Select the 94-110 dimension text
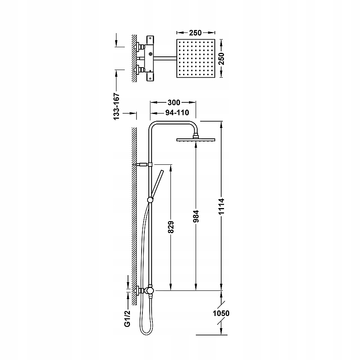point(171,113)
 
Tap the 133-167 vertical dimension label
point(116,107)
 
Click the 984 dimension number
point(196,216)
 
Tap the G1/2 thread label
point(128,319)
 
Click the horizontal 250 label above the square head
point(195,33)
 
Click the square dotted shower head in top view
point(195,59)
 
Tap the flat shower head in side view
point(196,140)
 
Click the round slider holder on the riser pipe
point(150,200)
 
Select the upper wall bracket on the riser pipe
point(143,164)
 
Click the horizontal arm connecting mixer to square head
point(164,59)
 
